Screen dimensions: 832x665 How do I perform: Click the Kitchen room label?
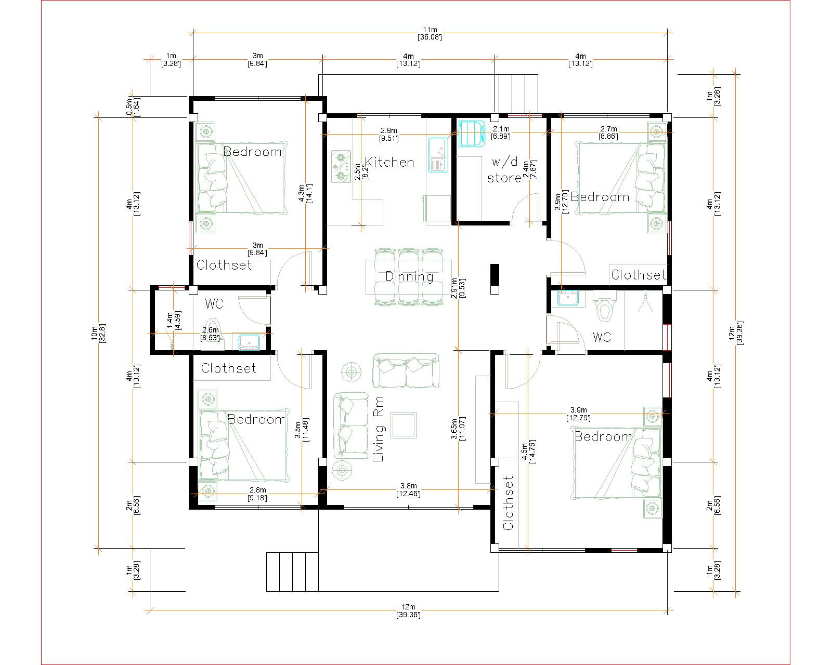pyautogui.click(x=389, y=162)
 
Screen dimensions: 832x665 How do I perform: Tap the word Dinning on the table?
pyautogui.click(x=409, y=276)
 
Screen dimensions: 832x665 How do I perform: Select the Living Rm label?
pyautogui.click(x=379, y=429)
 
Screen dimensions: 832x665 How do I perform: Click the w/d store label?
pyautogui.click(x=504, y=170)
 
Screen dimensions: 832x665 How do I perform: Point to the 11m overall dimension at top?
pyautogui.click(x=430, y=33)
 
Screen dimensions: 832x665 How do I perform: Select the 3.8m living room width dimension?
pyautogui.click(x=408, y=489)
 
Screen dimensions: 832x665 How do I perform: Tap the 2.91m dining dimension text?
pyautogui.click(x=458, y=288)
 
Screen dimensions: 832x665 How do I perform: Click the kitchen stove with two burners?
pyautogui.click(x=341, y=167)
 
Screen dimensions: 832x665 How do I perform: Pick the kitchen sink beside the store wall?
pyautogui.click(x=438, y=155)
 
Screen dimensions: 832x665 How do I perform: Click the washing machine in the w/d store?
pyautogui.click(x=471, y=134)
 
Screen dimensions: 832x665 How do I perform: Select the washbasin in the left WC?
pyautogui.click(x=249, y=342)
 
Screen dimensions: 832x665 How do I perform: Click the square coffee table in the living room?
pyautogui.click(x=403, y=425)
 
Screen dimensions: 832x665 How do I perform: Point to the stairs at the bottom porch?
pyautogui.click(x=292, y=572)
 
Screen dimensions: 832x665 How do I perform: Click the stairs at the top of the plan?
pyautogui.click(x=518, y=94)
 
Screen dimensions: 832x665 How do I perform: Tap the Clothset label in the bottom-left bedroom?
pyautogui.click(x=228, y=368)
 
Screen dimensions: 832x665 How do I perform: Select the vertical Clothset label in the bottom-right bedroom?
pyautogui.click(x=508, y=503)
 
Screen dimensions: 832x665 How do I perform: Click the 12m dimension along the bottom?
pyautogui.click(x=408, y=610)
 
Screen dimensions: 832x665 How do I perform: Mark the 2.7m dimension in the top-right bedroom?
pyautogui.click(x=608, y=132)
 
